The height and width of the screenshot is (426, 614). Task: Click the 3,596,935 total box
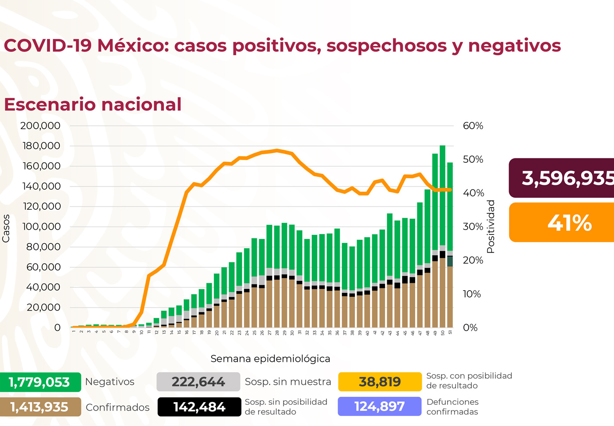point(562,178)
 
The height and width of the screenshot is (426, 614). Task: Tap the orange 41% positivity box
point(562,223)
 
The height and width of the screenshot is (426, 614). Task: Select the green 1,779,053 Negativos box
point(40,382)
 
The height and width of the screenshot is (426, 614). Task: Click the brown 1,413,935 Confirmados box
point(40,407)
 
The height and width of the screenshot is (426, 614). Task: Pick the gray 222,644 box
point(198,382)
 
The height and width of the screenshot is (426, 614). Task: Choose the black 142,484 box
point(199,407)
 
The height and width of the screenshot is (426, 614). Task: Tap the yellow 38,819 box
point(380,382)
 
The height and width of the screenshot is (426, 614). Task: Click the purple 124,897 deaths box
point(380,407)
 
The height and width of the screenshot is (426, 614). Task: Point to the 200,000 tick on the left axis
point(40,126)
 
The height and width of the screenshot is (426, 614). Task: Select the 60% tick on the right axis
point(473,126)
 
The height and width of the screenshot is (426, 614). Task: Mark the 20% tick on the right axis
point(473,260)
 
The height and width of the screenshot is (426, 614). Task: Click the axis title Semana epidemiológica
point(270,359)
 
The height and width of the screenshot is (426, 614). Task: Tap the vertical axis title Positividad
point(490,226)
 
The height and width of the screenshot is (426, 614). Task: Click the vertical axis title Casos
point(6,228)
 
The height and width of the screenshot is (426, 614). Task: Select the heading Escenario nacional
point(93,104)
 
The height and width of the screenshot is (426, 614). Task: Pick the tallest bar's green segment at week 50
point(443,195)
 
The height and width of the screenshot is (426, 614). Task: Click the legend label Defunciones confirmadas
point(452,407)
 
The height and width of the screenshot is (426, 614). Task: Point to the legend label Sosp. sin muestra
point(288,382)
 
